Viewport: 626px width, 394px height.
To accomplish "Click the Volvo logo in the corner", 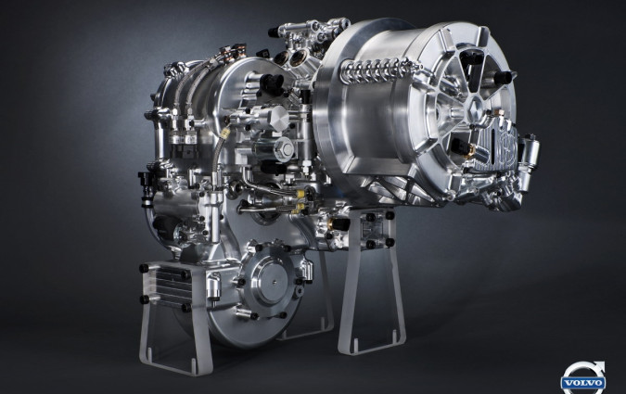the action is pyautogui.click(x=583, y=377).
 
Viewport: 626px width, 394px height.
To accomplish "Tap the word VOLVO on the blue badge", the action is pyautogui.click(x=583, y=383).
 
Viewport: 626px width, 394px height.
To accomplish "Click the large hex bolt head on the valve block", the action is pyautogui.click(x=285, y=148).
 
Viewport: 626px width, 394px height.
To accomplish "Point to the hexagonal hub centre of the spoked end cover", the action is pyautogui.click(x=474, y=106).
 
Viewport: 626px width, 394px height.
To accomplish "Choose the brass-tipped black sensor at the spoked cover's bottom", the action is pyautogui.click(x=463, y=147).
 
